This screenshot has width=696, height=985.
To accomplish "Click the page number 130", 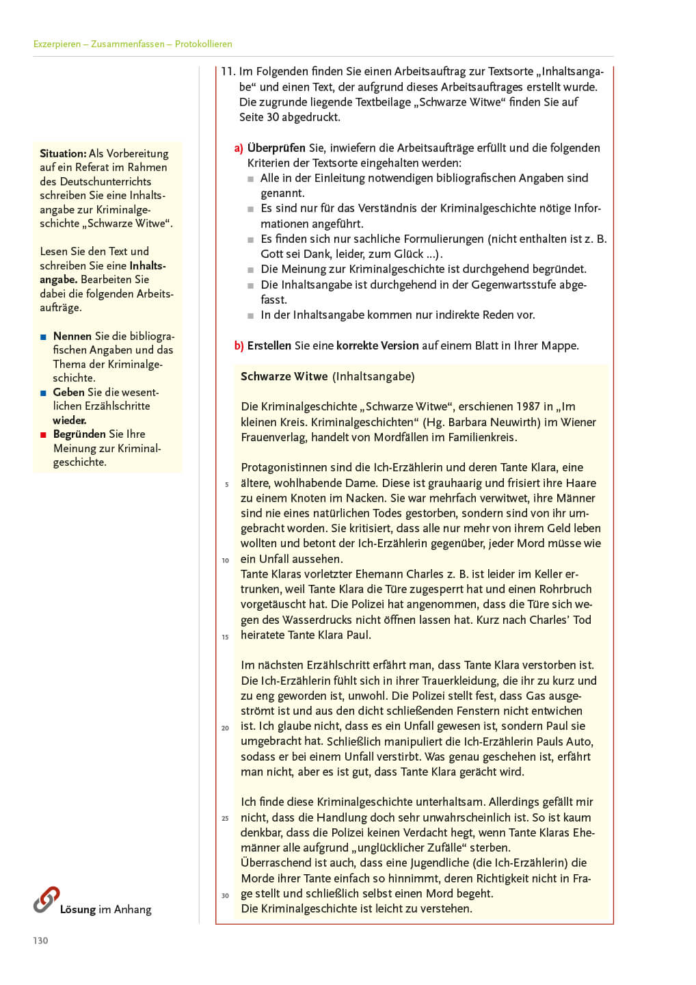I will click(x=40, y=941).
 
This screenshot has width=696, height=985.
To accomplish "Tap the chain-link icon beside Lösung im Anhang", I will click(x=46, y=899).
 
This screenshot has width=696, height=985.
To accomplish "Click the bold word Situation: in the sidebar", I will click(x=63, y=153).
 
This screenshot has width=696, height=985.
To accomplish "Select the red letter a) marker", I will click(x=239, y=148).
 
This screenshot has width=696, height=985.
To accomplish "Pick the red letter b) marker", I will click(x=239, y=345).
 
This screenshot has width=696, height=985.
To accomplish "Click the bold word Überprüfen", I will click(x=276, y=148).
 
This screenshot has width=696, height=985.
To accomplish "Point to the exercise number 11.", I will click(x=228, y=71).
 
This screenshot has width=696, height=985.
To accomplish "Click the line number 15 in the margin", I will click(x=226, y=637).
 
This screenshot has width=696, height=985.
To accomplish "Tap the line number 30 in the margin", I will click(x=226, y=895).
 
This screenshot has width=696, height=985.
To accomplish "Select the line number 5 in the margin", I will click(x=227, y=485).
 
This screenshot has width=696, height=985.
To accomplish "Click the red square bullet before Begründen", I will click(x=43, y=434).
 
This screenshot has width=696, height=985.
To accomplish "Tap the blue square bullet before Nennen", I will click(x=43, y=337).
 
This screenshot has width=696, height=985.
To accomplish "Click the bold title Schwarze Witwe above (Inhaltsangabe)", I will click(x=284, y=376).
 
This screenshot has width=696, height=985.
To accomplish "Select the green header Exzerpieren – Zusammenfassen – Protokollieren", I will click(x=133, y=44).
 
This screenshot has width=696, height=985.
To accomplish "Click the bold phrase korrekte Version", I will click(x=377, y=345).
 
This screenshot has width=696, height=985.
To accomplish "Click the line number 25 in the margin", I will click(x=226, y=818).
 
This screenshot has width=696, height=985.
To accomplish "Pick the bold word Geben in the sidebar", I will click(x=69, y=392).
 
